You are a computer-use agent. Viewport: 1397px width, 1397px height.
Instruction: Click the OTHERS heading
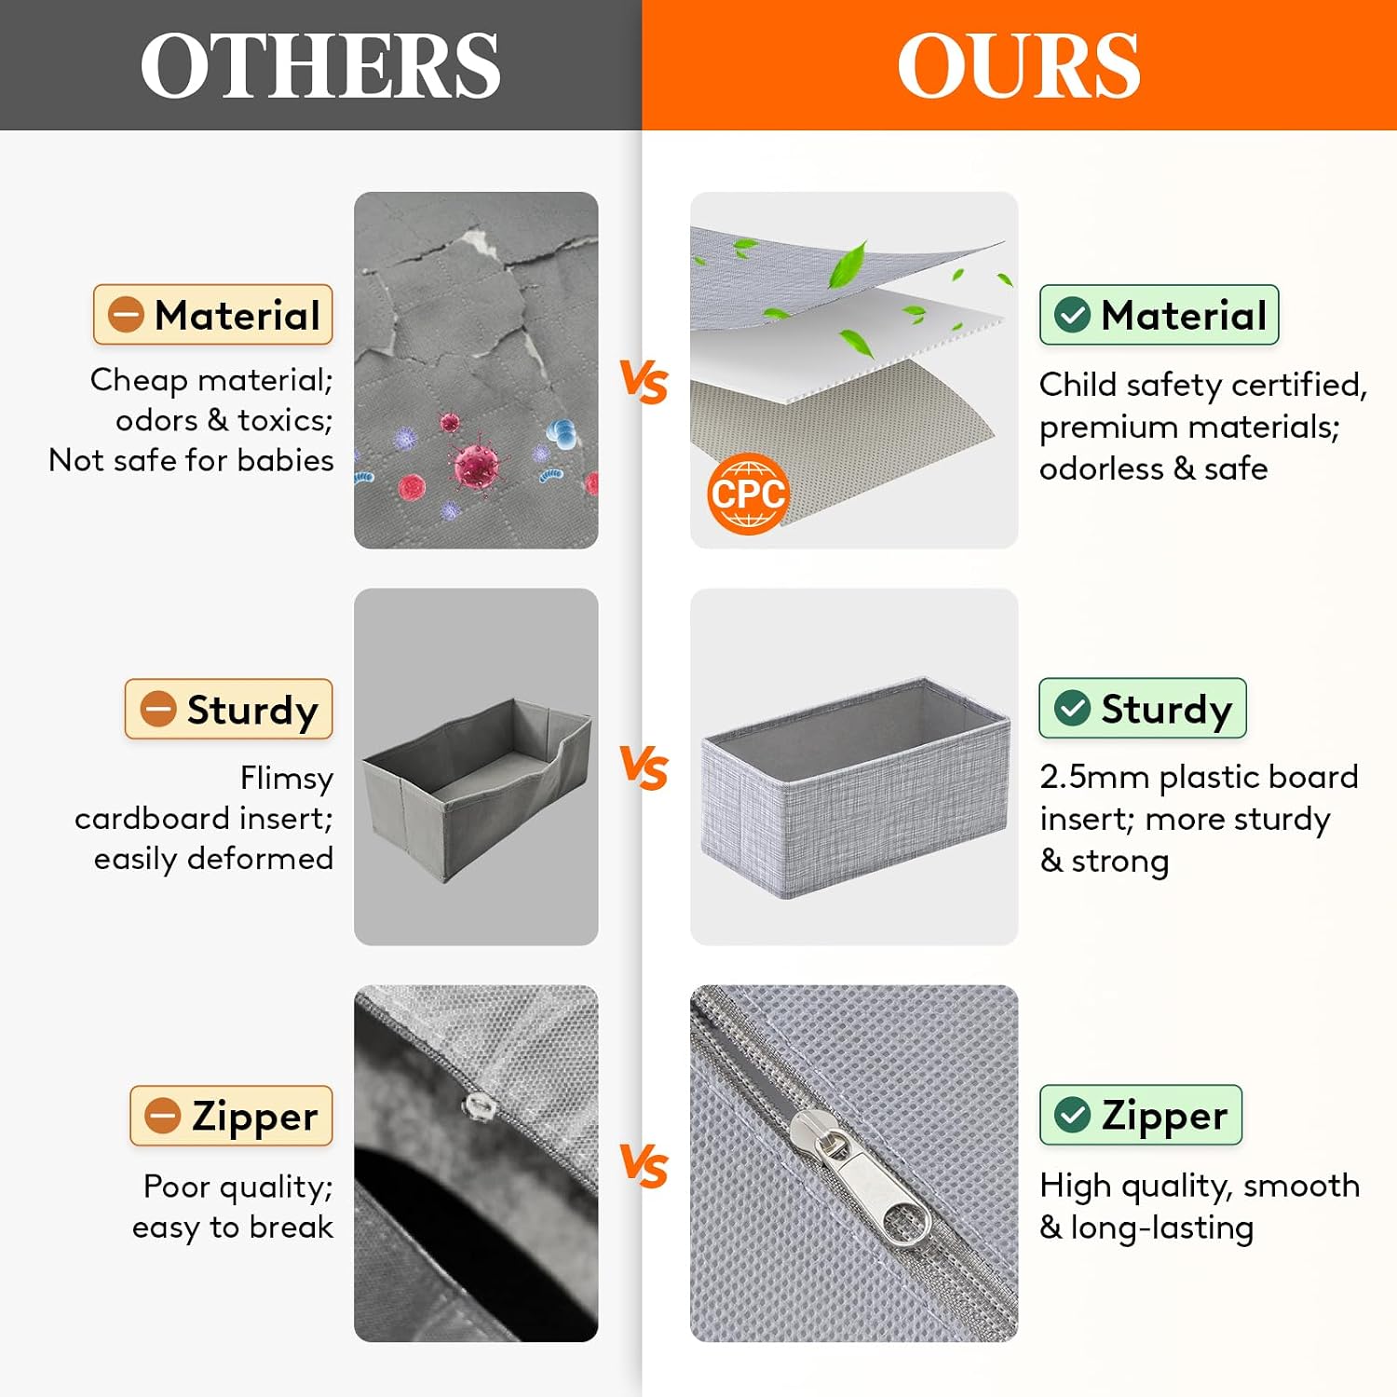(x=320, y=66)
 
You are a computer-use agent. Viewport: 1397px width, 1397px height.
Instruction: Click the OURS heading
(x=1019, y=66)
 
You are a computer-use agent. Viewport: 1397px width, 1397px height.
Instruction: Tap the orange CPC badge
(x=748, y=494)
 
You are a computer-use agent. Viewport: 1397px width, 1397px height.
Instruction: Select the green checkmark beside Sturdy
(x=1072, y=708)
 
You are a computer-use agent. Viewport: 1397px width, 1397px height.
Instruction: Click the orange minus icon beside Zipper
(x=162, y=1116)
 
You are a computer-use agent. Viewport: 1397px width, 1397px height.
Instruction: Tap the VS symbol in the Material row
(x=644, y=382)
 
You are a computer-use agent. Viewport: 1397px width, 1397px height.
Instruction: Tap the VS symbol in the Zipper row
(x=644, y=1166)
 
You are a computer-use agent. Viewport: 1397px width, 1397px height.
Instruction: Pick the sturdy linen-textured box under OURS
(x=855, y=788)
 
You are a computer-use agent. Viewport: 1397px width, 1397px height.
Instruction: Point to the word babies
(x=285, y=460)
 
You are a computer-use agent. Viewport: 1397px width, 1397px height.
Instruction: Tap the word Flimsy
(x=287, y=779)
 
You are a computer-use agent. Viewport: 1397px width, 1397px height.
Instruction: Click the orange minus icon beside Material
(x=126, y=315)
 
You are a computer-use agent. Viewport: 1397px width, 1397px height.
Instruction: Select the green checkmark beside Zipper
(x=1072, y=1115)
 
